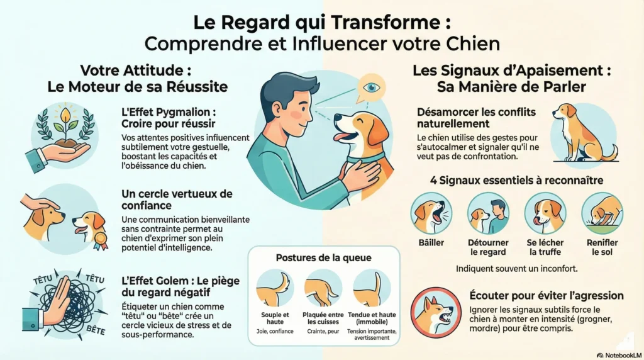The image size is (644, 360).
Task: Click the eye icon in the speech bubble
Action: point(372,87)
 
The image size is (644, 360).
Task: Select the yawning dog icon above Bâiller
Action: point(431,213)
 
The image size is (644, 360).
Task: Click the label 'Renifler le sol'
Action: point(602,247)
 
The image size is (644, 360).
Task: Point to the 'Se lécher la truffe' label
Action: point(545,247)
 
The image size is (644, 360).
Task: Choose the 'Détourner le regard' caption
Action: point(488,247)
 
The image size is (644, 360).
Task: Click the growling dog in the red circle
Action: point(436,312)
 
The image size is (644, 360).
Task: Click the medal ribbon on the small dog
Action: point(100,241)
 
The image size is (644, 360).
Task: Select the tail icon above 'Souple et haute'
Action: point(275,288)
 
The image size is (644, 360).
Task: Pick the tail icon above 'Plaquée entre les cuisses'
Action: point(323,288)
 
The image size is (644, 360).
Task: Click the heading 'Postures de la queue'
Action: point(323,257)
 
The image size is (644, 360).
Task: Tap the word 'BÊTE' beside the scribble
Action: point(96,330)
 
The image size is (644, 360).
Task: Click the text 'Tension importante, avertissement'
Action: point(372,335)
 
